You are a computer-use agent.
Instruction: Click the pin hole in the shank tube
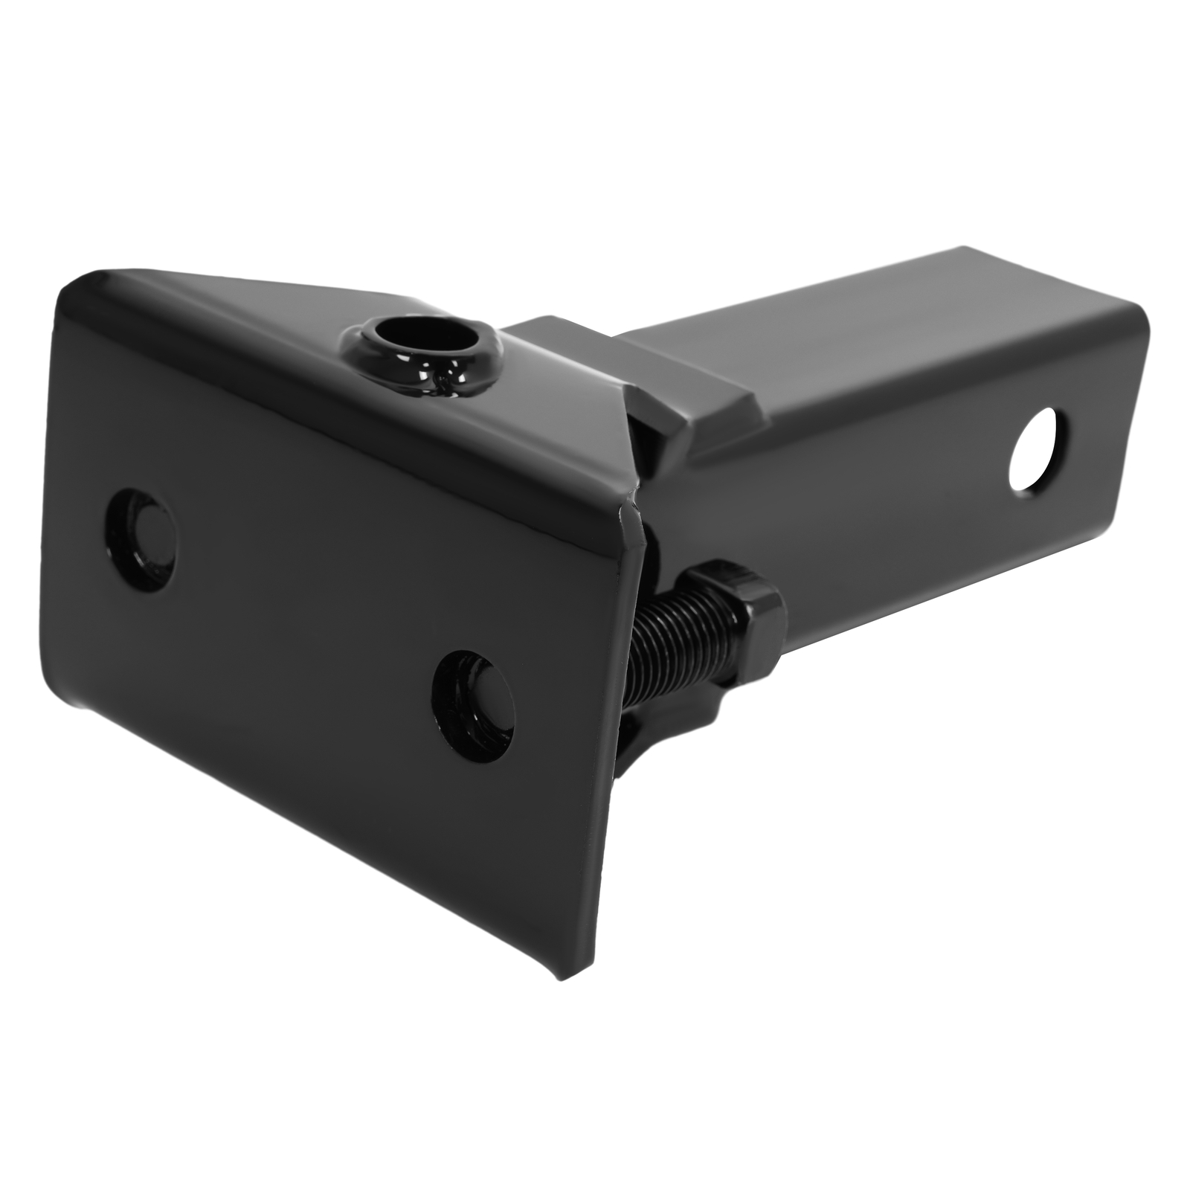point(1039,448)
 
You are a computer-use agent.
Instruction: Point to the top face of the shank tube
point(855,312)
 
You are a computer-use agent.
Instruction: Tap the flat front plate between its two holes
point(312,617)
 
